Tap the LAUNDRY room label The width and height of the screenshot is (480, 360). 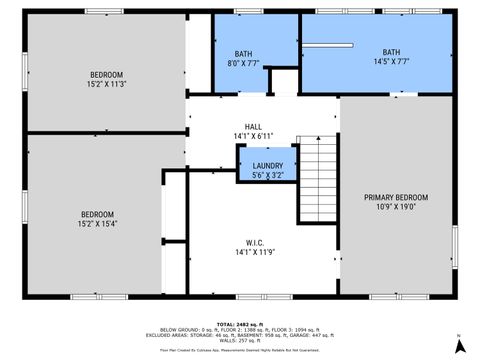[x=267, y=166]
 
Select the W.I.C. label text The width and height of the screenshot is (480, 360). [x=254, y=243]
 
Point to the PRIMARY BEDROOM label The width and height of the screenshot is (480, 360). [x=396, y=197]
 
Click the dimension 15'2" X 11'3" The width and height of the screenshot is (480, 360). [x=106, y=85]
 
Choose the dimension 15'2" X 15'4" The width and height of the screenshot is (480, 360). [x=98, y=224]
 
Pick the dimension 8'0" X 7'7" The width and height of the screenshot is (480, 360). [x=245, y=63]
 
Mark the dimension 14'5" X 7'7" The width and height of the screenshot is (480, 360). [x=391, y=61]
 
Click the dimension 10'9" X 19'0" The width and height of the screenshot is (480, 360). [x=396, y=207]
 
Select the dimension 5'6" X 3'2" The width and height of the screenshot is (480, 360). [x=267, y=175]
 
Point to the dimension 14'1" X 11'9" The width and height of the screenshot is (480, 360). [x=254, y=253]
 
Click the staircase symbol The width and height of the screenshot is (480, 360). [x=319, y=180]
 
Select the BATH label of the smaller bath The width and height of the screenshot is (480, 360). [x=244, y=54]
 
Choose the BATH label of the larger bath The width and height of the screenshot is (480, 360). [x=391, y=52]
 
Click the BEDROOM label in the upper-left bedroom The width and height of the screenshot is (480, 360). [x=106, y=75]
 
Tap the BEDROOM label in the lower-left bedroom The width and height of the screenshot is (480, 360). [x=98, y=214]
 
